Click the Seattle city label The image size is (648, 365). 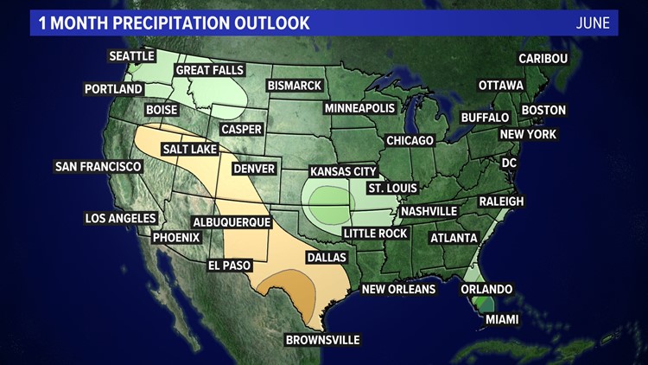point(131,56)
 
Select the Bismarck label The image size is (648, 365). point(295,86)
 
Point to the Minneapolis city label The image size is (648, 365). point(359,108)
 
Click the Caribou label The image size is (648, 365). point(543,58)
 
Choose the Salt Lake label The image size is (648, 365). point(189,150)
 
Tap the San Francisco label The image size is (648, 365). point(98,166)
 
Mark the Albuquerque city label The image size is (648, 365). point(232,222)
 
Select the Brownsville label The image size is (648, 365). point(322,340)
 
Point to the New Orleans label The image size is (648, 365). point(398,289)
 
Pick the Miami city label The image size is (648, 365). point(501,320)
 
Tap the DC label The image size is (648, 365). point(510,163)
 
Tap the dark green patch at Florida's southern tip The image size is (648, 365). point(486,304)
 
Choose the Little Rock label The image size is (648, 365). point(374,234)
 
